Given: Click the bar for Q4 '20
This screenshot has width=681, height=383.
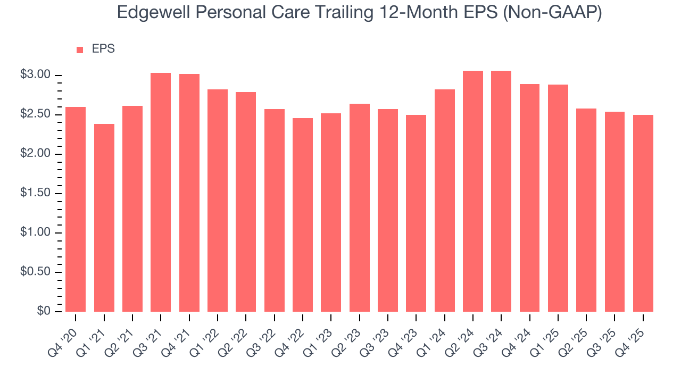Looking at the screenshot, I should click(x=76, y=209).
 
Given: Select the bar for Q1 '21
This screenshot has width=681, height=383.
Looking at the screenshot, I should click(x=104, y=218).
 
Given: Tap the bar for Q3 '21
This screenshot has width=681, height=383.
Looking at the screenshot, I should click(x=161, y=192).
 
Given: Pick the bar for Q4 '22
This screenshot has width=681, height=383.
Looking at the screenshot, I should click(x=303, y=215).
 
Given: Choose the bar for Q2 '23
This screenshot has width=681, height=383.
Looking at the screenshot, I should click(x=360, y=207).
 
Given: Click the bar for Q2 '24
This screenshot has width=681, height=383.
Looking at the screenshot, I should click(x=473, y=191).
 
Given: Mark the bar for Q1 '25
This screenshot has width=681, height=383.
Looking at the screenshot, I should click(x=558, y=198).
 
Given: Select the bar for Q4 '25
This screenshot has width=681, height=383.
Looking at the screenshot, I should click(x=643, y=213).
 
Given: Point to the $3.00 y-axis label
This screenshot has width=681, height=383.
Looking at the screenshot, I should click(x=35, y=75).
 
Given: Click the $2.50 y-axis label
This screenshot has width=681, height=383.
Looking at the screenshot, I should click(x=35, y=114).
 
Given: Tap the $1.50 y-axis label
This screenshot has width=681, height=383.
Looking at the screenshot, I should click(x=35, y=193).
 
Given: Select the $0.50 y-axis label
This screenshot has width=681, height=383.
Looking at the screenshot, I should click(x=35, y=272).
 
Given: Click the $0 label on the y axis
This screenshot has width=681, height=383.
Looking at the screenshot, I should click(x=44, y=311).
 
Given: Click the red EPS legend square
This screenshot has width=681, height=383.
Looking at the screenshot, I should click(x=80, y=49).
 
